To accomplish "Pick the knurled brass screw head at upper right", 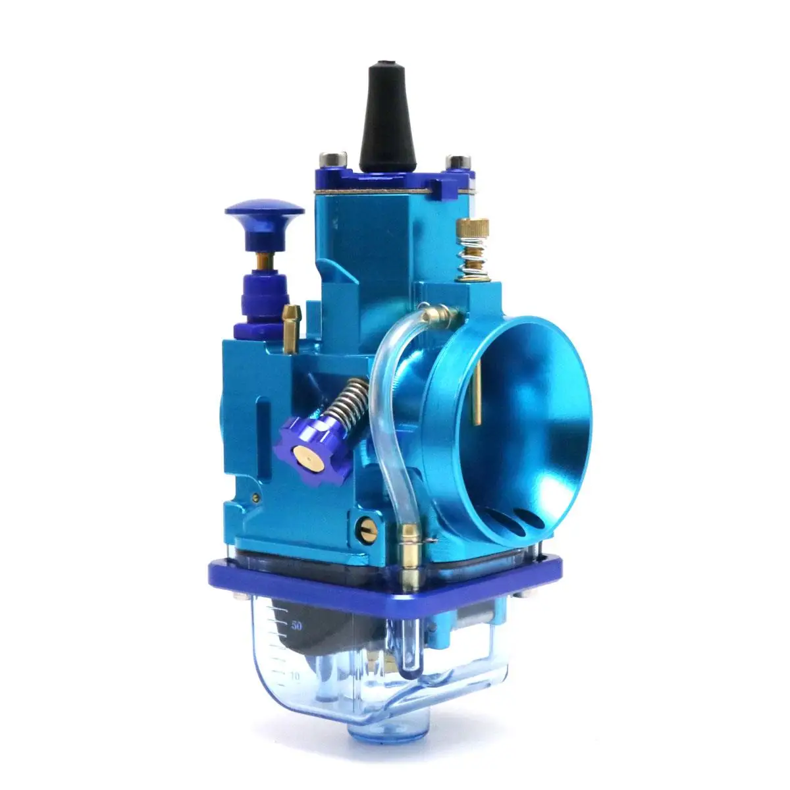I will pyautogui.click(x=473, y=230).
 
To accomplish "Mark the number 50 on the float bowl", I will pyautogui.click(x=297, y=625).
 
